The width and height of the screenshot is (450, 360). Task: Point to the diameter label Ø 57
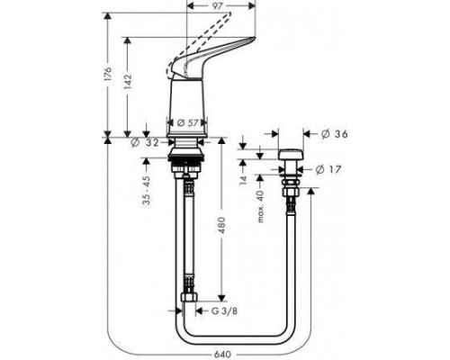pyautogui.click(x=188, y=121)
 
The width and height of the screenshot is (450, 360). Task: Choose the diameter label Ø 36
pyautogui.click(x=334, y=134)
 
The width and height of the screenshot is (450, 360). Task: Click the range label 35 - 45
pyautogui.click(x=146, y=189)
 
